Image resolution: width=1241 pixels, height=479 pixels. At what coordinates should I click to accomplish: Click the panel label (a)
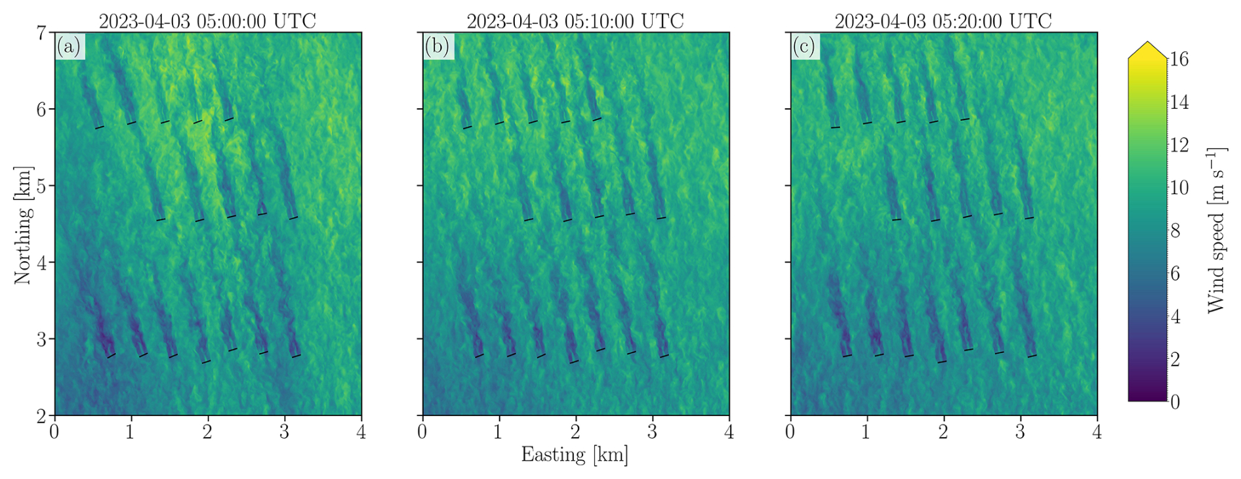tap(69, 47)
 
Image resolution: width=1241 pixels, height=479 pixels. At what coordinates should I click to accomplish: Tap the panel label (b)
tap(437, 47)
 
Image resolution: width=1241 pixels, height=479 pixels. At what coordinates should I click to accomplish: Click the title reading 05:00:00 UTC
tap(207, 21)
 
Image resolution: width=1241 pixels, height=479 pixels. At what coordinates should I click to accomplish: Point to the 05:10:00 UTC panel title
tap(575, 21)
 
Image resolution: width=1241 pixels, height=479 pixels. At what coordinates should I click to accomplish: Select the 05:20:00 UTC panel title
tap(943, 21)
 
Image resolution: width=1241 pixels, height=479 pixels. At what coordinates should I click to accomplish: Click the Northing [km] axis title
tap(23, 225)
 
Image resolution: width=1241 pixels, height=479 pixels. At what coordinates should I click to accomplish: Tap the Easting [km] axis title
tap(575, 454)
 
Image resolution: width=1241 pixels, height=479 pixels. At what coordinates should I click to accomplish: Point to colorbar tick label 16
tap(1179, 60)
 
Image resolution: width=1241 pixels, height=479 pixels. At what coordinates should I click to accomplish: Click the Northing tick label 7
tap(41, 33)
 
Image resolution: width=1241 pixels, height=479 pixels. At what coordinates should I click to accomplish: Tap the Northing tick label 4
tap(41, 263)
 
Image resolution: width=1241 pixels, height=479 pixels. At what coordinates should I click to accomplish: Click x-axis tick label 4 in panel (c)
tap(1097, 432)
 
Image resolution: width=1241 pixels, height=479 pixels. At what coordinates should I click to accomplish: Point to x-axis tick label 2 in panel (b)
tap(575, 432)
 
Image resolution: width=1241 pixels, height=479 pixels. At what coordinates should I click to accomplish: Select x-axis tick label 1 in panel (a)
tap(131, 432)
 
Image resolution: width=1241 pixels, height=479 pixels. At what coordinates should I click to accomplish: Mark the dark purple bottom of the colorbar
tap(1147, 396)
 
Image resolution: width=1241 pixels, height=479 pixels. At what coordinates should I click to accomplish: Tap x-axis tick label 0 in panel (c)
tap(790, 432)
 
